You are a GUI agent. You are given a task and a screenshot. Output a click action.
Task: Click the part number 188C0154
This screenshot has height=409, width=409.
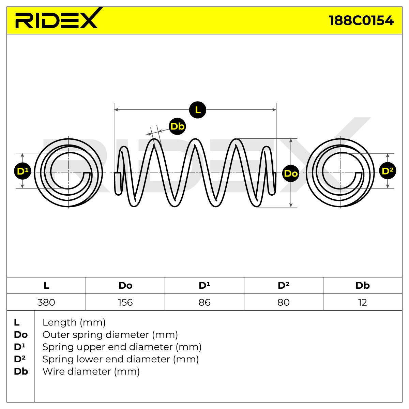click(x=361, y=20)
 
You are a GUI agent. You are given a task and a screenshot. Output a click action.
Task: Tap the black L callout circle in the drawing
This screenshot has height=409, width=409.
click(x=198, y=110)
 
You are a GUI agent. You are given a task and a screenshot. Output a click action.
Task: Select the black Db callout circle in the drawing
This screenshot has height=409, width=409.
click(x=178, y=126)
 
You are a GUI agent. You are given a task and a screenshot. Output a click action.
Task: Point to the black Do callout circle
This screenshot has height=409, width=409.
click(x=291, y=173)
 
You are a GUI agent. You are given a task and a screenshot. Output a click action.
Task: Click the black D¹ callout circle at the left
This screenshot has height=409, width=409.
click(x=22, y=171)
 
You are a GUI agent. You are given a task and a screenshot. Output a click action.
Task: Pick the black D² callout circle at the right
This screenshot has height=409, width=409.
click(x=388, y=171)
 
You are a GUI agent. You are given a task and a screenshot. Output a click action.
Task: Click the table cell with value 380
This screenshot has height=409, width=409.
click(x=46, y=302)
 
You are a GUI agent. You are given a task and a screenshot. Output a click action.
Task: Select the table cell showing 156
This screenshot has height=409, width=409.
click(x=125, y=302)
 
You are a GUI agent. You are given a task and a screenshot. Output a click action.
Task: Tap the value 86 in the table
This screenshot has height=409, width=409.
click(x=204, y=302)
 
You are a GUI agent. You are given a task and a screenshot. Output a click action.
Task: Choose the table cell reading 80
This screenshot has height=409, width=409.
click(x=284, y=302)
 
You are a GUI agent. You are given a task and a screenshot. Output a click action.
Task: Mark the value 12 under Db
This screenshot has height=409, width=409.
click(x=363, y=302)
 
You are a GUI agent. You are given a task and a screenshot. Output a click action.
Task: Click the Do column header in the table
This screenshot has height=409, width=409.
click(x=125, y=286)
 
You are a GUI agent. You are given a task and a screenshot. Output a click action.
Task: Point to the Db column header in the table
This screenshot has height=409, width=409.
click(x=363, y=286)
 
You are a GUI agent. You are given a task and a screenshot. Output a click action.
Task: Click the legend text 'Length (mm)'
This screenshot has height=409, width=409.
click(x=74, y=323)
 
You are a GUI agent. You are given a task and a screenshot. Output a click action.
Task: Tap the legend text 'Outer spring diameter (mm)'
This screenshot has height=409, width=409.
click(x=110, y=335)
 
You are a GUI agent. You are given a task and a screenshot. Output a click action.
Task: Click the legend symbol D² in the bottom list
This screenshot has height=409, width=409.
click(x=19, y=359)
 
